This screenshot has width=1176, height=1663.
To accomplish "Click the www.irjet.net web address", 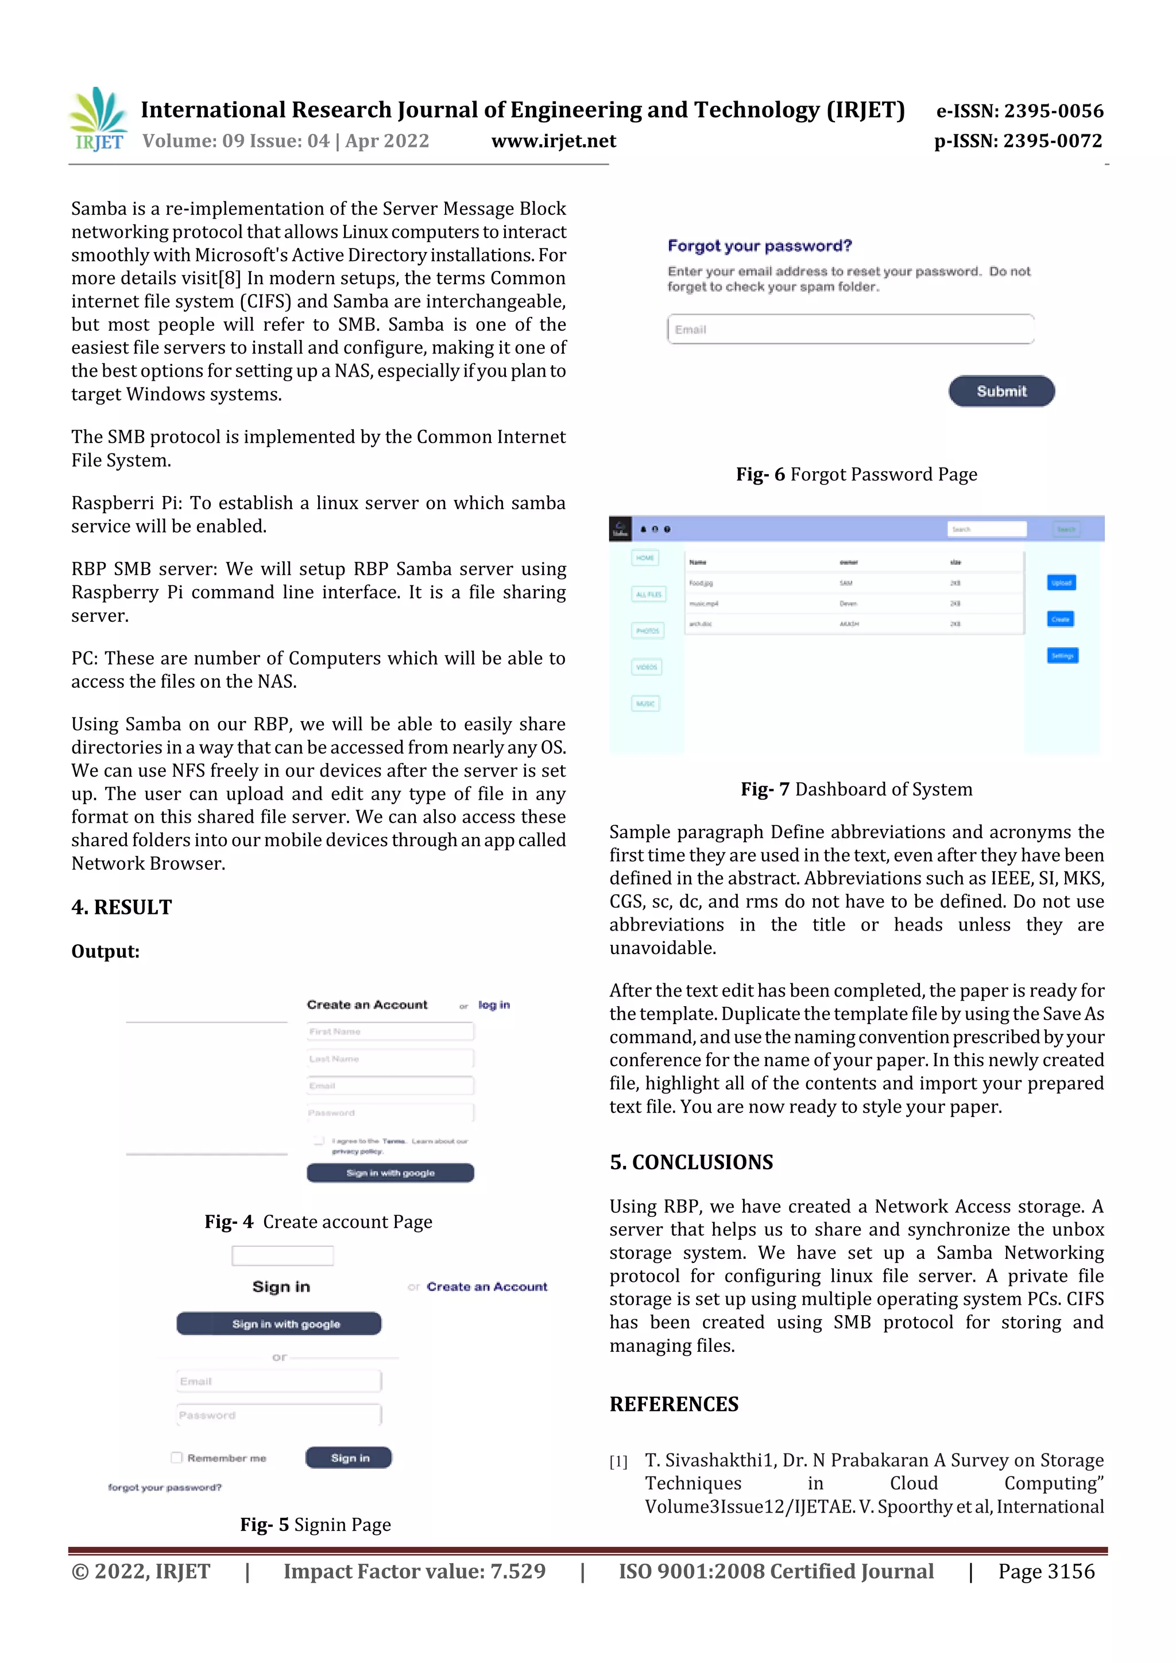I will coord(553,141).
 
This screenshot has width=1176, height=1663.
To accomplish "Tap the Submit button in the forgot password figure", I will coord(1001,391).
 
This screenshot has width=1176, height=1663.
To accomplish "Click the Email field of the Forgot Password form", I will coord(849,330).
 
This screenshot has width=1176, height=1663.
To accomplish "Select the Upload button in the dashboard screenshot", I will coord(1061,582).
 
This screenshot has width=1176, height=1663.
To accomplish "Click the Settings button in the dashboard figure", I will coord(1062,656).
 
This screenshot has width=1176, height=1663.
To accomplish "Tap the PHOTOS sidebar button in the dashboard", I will coord(647,631).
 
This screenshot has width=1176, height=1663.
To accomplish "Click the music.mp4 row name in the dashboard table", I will coord(703,603).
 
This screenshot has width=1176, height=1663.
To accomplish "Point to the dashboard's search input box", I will coord(986,529).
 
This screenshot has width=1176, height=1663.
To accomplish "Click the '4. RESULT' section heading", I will coord(122,907).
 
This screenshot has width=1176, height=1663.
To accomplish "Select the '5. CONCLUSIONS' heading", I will coord(691,1162).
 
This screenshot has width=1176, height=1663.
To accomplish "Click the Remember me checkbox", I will coord(176,1457).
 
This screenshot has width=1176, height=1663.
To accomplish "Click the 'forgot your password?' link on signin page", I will coord(164,1487).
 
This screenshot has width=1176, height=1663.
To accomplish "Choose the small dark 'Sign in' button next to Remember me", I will coord(349,1457).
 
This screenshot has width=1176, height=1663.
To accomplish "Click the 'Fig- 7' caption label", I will coord(764,789).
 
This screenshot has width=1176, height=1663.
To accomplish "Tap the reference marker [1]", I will coord(617,1461).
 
